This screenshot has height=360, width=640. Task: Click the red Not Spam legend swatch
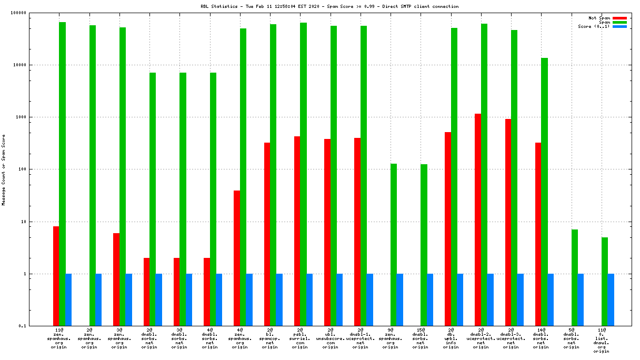[619, 18]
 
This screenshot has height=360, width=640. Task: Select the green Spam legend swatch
[619, 22]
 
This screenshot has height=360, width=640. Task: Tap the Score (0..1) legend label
[594, 26]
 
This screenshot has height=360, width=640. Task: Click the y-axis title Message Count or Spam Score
[4, 169]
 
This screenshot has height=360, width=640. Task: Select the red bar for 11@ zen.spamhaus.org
[56, 276]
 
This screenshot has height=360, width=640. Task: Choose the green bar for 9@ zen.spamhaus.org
[394, 245]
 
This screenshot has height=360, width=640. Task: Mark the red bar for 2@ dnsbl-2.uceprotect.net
[478, 219]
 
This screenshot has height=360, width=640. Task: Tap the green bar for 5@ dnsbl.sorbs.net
[575, 278]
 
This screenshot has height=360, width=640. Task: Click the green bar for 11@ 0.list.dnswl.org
[605, 282]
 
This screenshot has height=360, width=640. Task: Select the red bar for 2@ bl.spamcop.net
[267, 234]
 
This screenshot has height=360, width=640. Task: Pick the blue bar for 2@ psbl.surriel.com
[309, 300]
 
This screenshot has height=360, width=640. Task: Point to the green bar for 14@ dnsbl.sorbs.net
[544, 192]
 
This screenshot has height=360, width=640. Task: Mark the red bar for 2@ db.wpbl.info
[448, 229]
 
